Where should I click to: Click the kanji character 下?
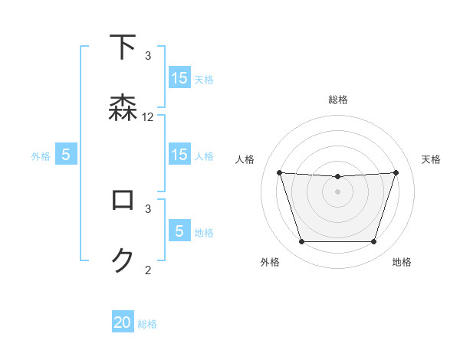coord(123,47)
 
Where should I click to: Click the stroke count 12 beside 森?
coord(148,117)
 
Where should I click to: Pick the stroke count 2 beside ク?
coord(148,269)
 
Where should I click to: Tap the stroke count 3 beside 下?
coord(148,56)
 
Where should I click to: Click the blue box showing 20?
coord(123,322)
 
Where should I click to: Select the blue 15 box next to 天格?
coord(179,77)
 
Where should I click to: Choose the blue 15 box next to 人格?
coord(179,155)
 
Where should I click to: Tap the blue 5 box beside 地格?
coord(179,231)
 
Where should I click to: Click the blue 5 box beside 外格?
coord(66,155)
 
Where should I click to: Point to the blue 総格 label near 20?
coord(148,324)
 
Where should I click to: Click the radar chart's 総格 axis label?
coord(338,100)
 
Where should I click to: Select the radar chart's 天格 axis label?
coord(432,159)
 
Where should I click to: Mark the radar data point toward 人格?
coord(280,172)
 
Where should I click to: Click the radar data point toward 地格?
coord(374,242)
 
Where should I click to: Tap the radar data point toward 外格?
coord(301,242)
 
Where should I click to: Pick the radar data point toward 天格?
coord(396,172)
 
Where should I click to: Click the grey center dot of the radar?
coord(338,191)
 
